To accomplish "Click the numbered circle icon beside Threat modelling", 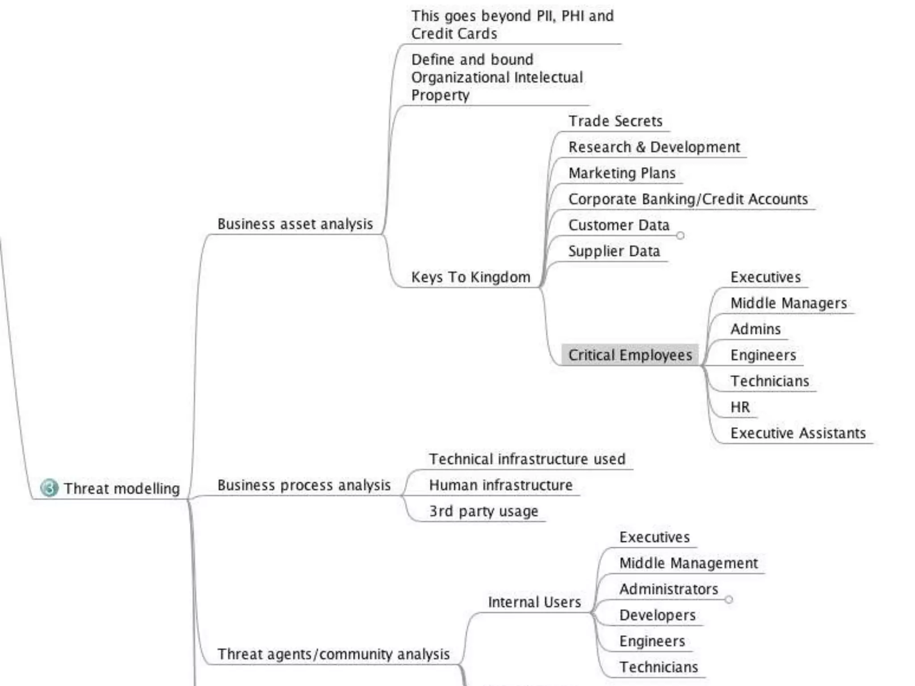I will point(49,488).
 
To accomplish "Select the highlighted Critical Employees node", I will point(630,355).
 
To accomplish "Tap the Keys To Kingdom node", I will point(470,277).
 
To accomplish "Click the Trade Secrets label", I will point(615,121).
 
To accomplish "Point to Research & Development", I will point(654,147).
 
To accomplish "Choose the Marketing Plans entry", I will point(621,173).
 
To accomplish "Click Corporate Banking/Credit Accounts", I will point(688,199).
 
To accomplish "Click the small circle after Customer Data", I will point(680,235).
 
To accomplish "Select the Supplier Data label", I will point(614,251).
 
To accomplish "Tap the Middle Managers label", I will point(788,303).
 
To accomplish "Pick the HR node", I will point(740,407).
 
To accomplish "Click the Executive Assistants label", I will point(797,433).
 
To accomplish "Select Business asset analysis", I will point(295,224).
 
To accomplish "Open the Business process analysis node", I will point(304,485).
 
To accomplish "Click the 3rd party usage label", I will point(483,511).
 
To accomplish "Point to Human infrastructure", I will point(500,485).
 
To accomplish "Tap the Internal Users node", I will point(534,602).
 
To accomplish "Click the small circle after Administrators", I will point(729,599).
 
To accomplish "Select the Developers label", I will point(657,615).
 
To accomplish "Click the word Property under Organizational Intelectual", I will point(440,95).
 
